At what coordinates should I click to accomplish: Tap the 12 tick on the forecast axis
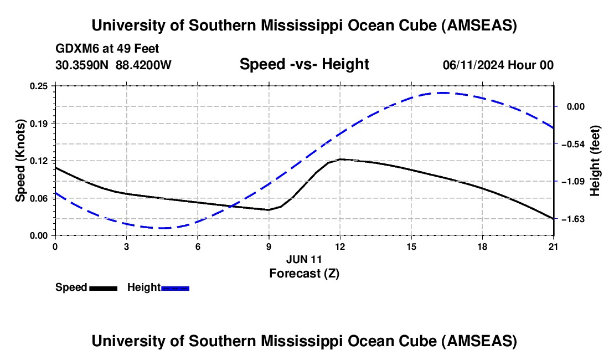[340, 246]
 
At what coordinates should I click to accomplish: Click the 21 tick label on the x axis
[554, 246]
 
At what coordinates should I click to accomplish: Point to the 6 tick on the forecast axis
[198, 246]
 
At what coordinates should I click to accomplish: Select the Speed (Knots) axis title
[20, 161]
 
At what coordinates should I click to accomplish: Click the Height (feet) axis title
[595, 161]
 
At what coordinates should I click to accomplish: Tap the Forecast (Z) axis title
[304, 273]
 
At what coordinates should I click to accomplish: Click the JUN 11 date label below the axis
[304, 259]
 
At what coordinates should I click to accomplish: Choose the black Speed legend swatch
[103, 288]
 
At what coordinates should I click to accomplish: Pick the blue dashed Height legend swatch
[176, 288]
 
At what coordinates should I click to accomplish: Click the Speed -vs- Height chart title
[304, 64]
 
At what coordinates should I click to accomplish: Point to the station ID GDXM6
[76, 49]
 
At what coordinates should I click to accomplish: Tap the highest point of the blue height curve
[443, 92]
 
